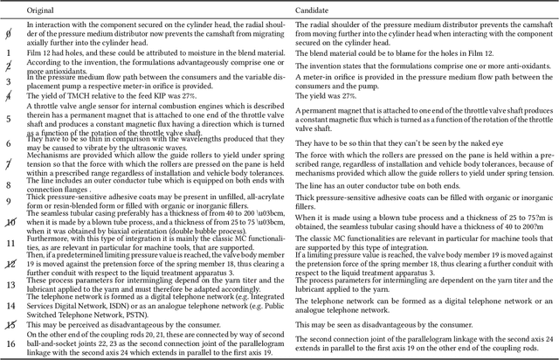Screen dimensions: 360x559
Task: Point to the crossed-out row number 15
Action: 8,326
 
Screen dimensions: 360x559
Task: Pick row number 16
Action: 8,344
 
